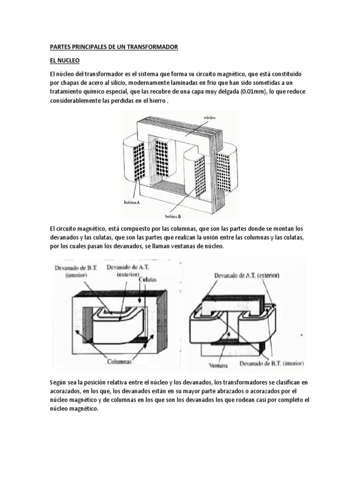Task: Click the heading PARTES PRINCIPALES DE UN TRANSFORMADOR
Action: click(114, 48)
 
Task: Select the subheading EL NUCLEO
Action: click(65, 61)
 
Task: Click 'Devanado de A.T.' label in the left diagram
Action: click(125, 270)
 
